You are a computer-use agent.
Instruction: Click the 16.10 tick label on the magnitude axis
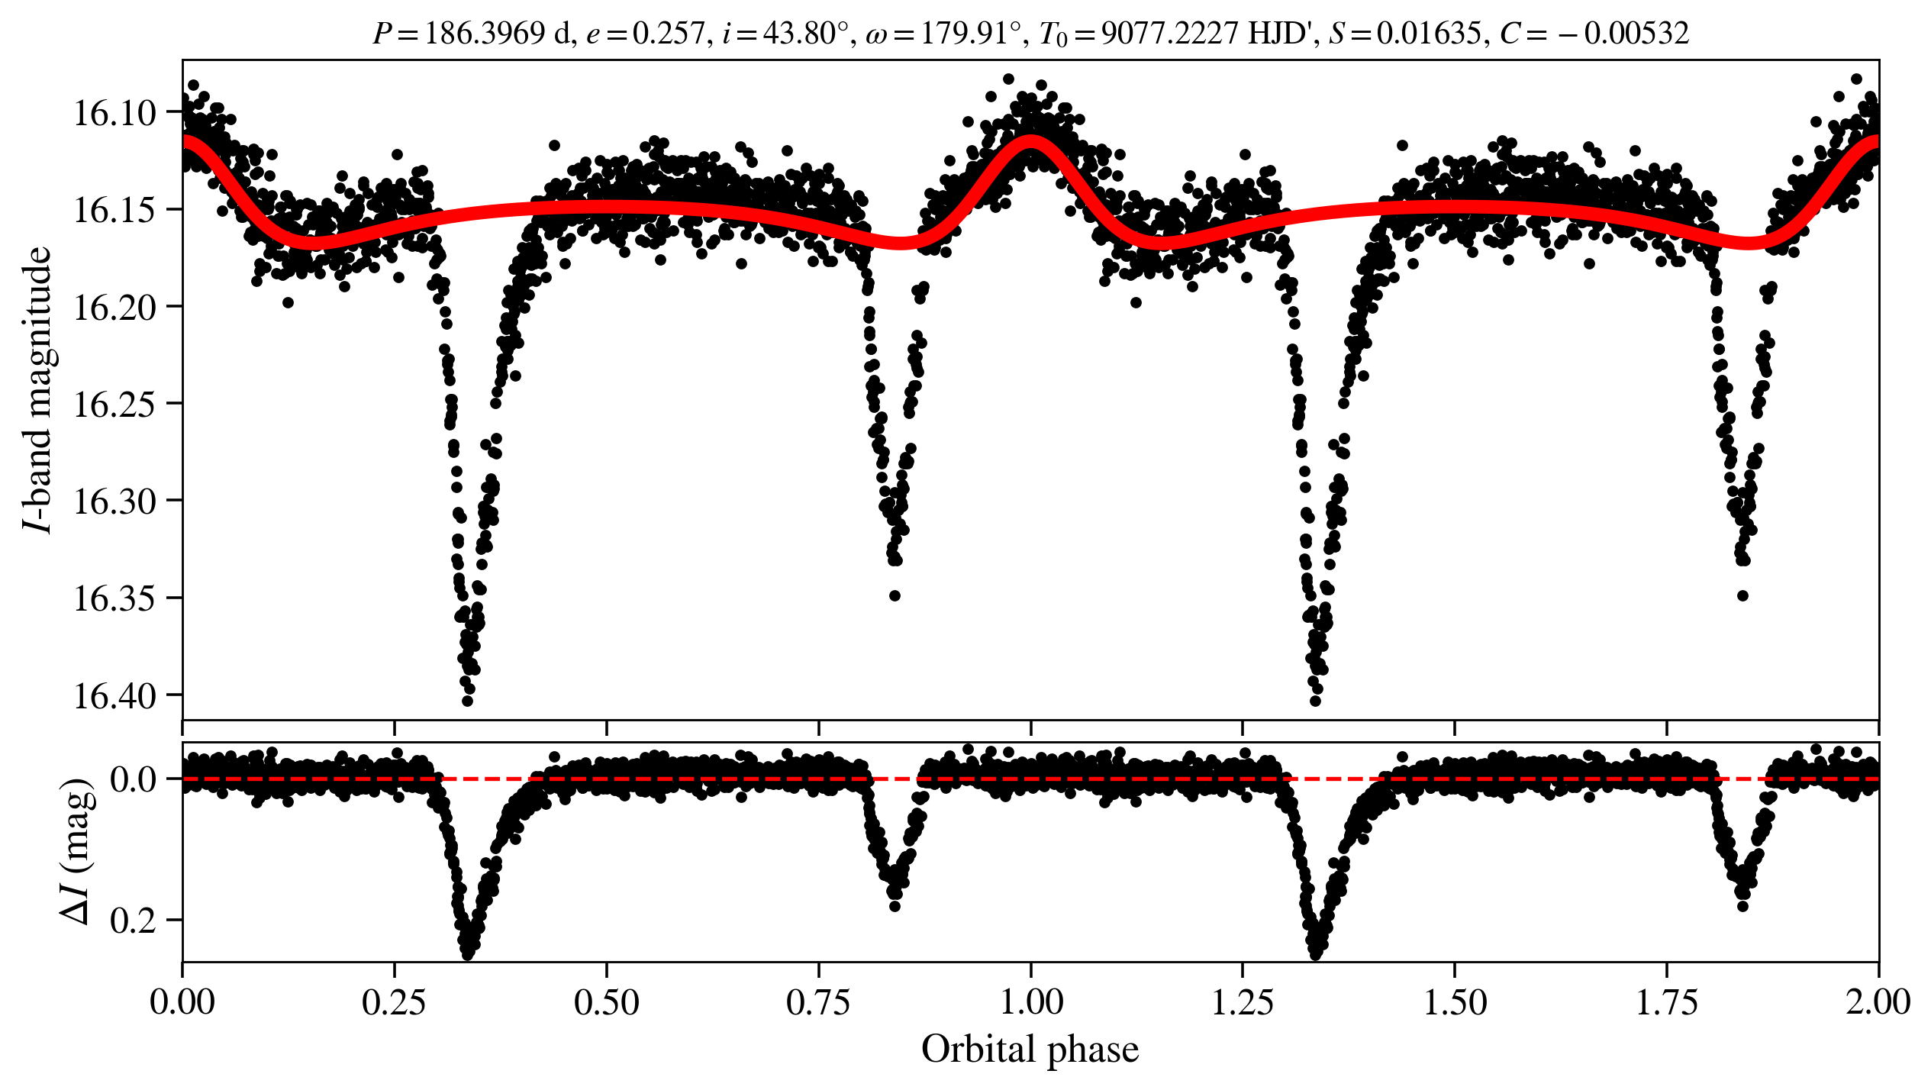click(x=114, y=113)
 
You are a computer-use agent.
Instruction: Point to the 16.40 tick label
click(x=114, y=696)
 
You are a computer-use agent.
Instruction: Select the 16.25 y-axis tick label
click(x=114, y=405)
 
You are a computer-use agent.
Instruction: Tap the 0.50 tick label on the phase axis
click(x=606, y=1002)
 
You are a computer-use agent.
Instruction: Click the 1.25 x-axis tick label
click(x=1243, y=1002)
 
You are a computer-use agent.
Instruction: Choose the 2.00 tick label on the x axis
click(x=1878, y=1002)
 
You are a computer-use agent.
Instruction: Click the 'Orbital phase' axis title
click(x=1030, y=1050)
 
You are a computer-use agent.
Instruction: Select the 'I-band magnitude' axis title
click(x=38, y=389)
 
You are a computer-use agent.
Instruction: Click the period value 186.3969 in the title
click(x=485, y=34)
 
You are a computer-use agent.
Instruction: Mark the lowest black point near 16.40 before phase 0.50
click(x=468, y=701)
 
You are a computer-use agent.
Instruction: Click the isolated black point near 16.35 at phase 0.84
click(x=895, y=595)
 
